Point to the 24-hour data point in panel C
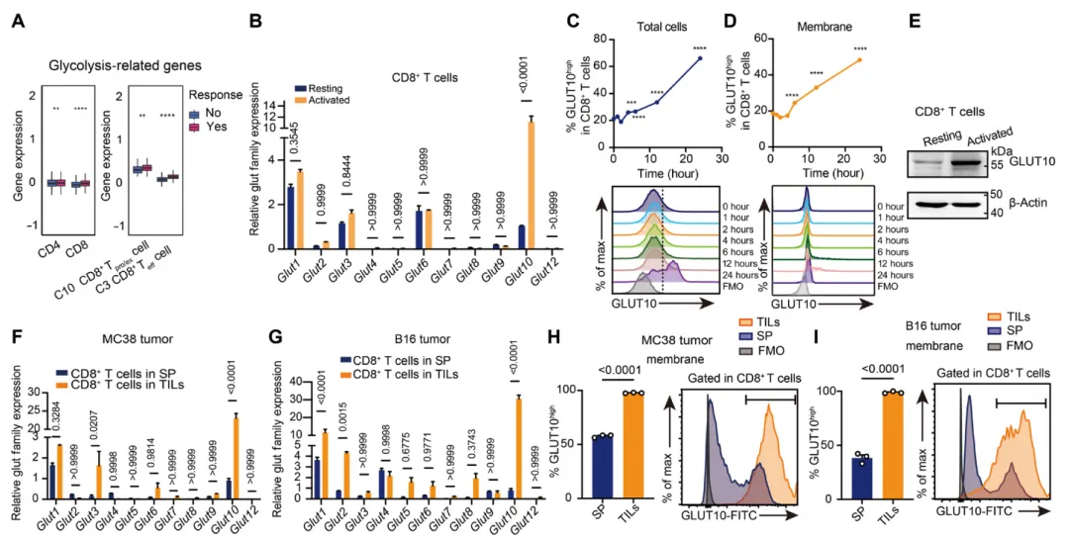pyautogui.click(x=700, y=58)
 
